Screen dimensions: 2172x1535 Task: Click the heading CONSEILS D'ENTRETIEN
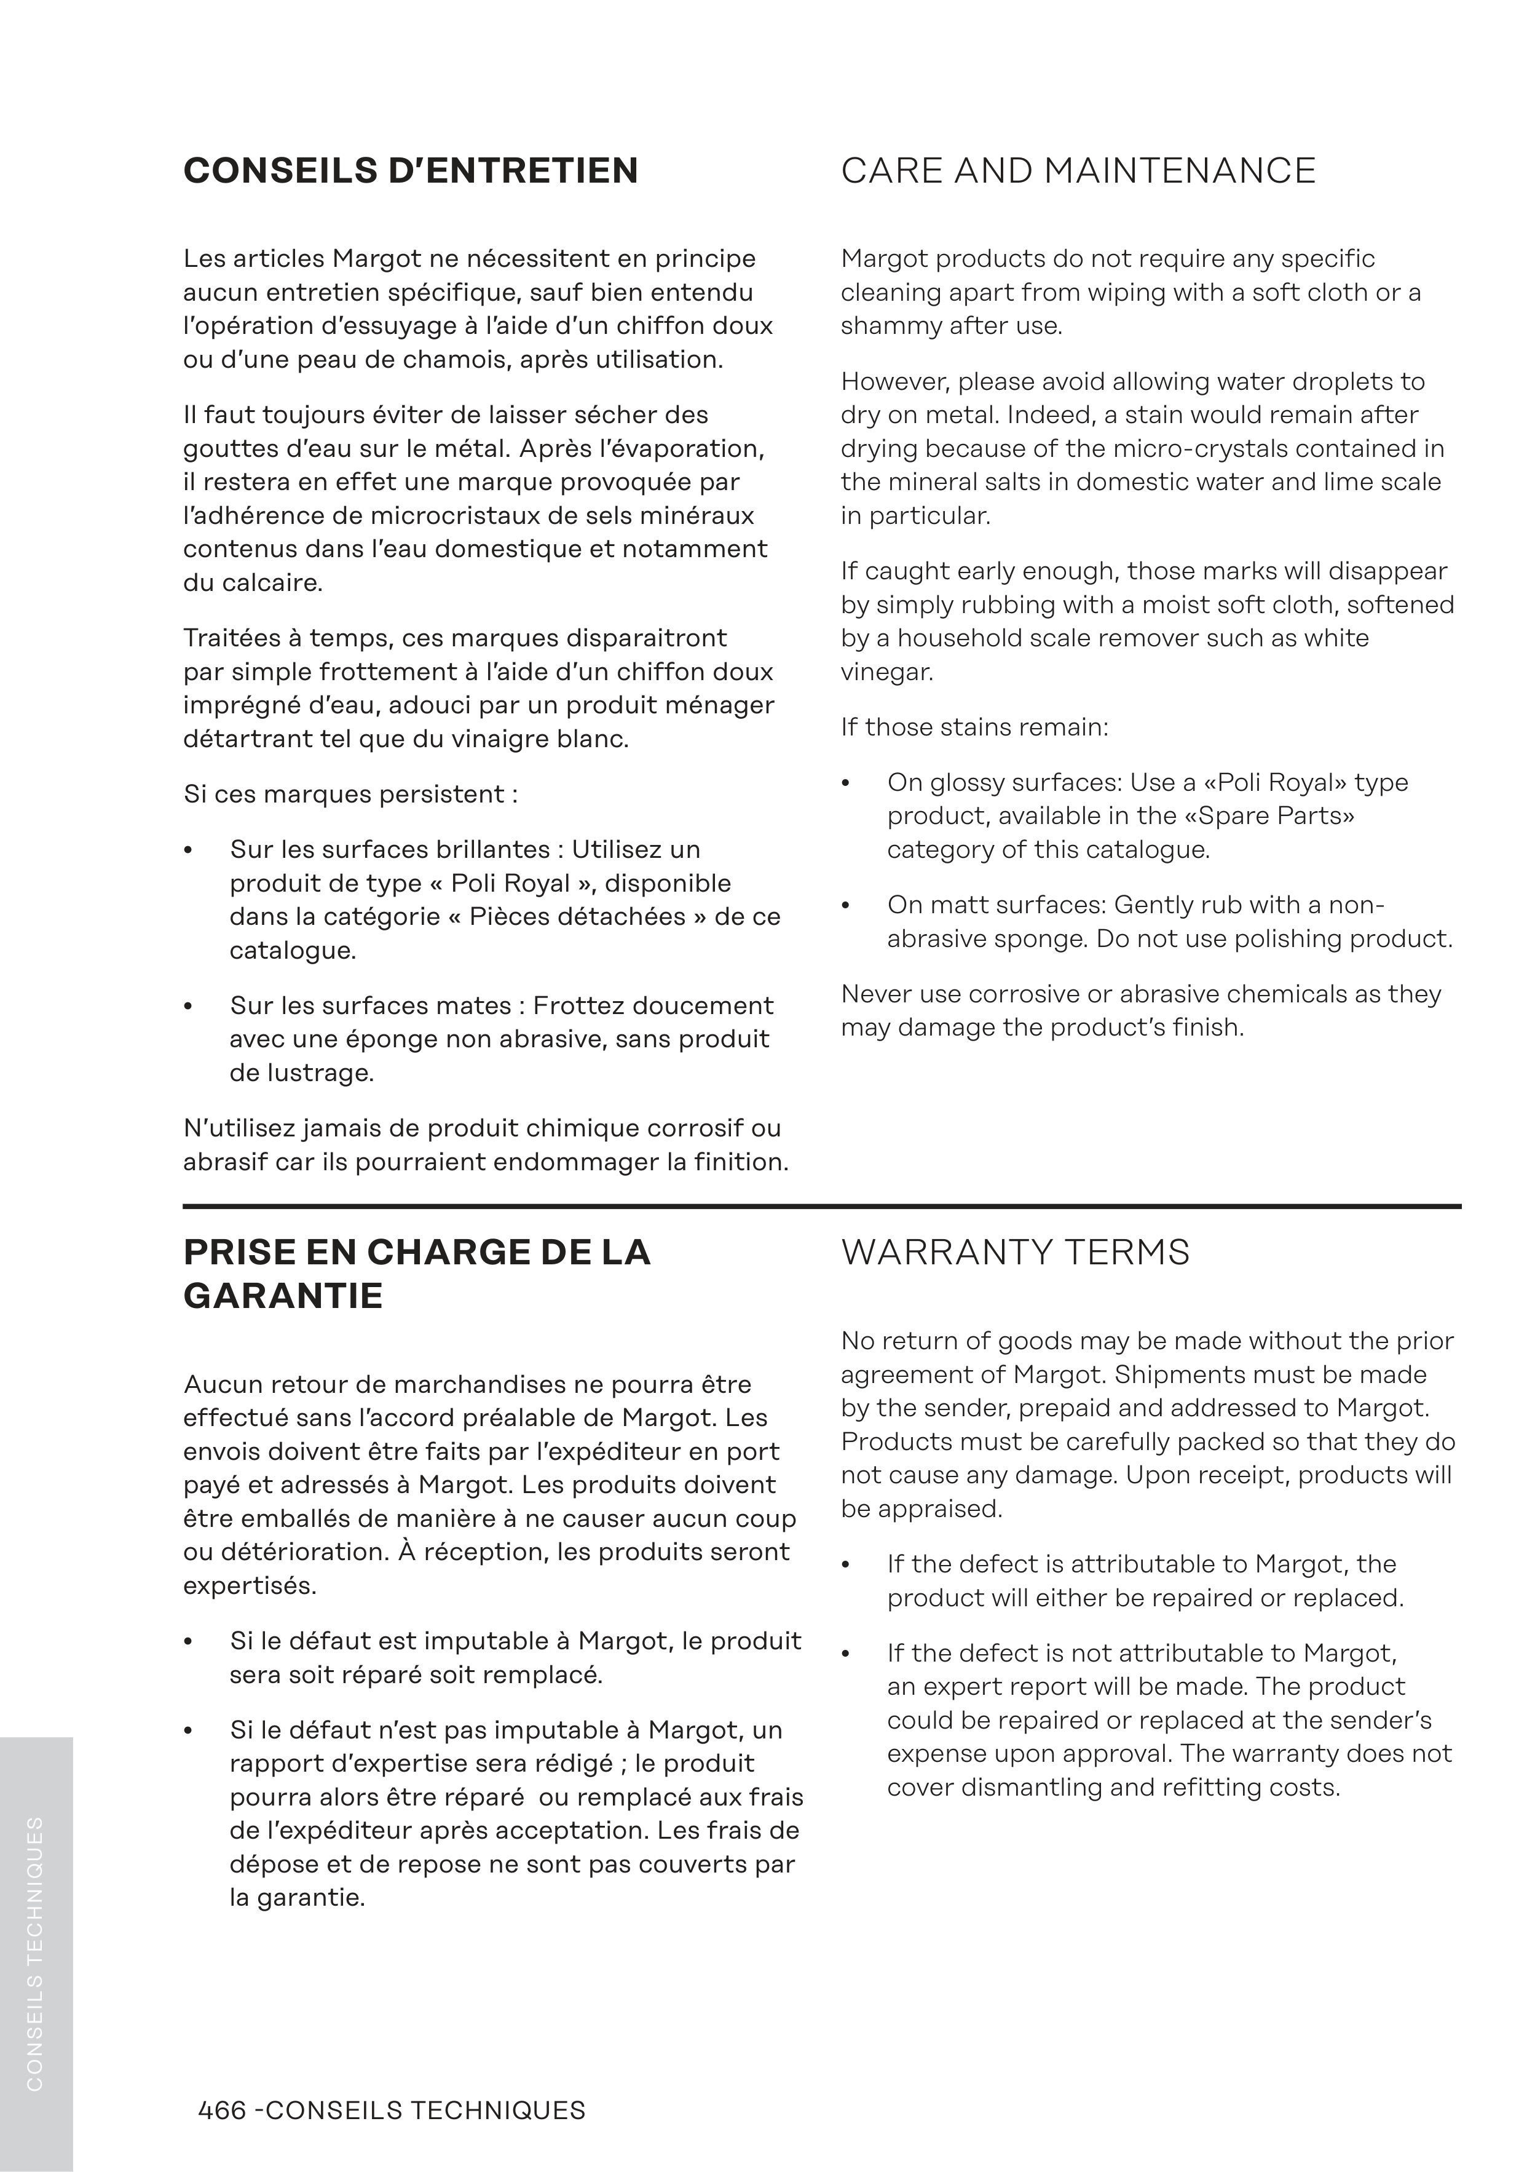click(411, 171)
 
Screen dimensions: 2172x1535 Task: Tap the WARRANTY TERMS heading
click(1015, 1253)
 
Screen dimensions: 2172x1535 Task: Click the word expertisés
click(250, 1587)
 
